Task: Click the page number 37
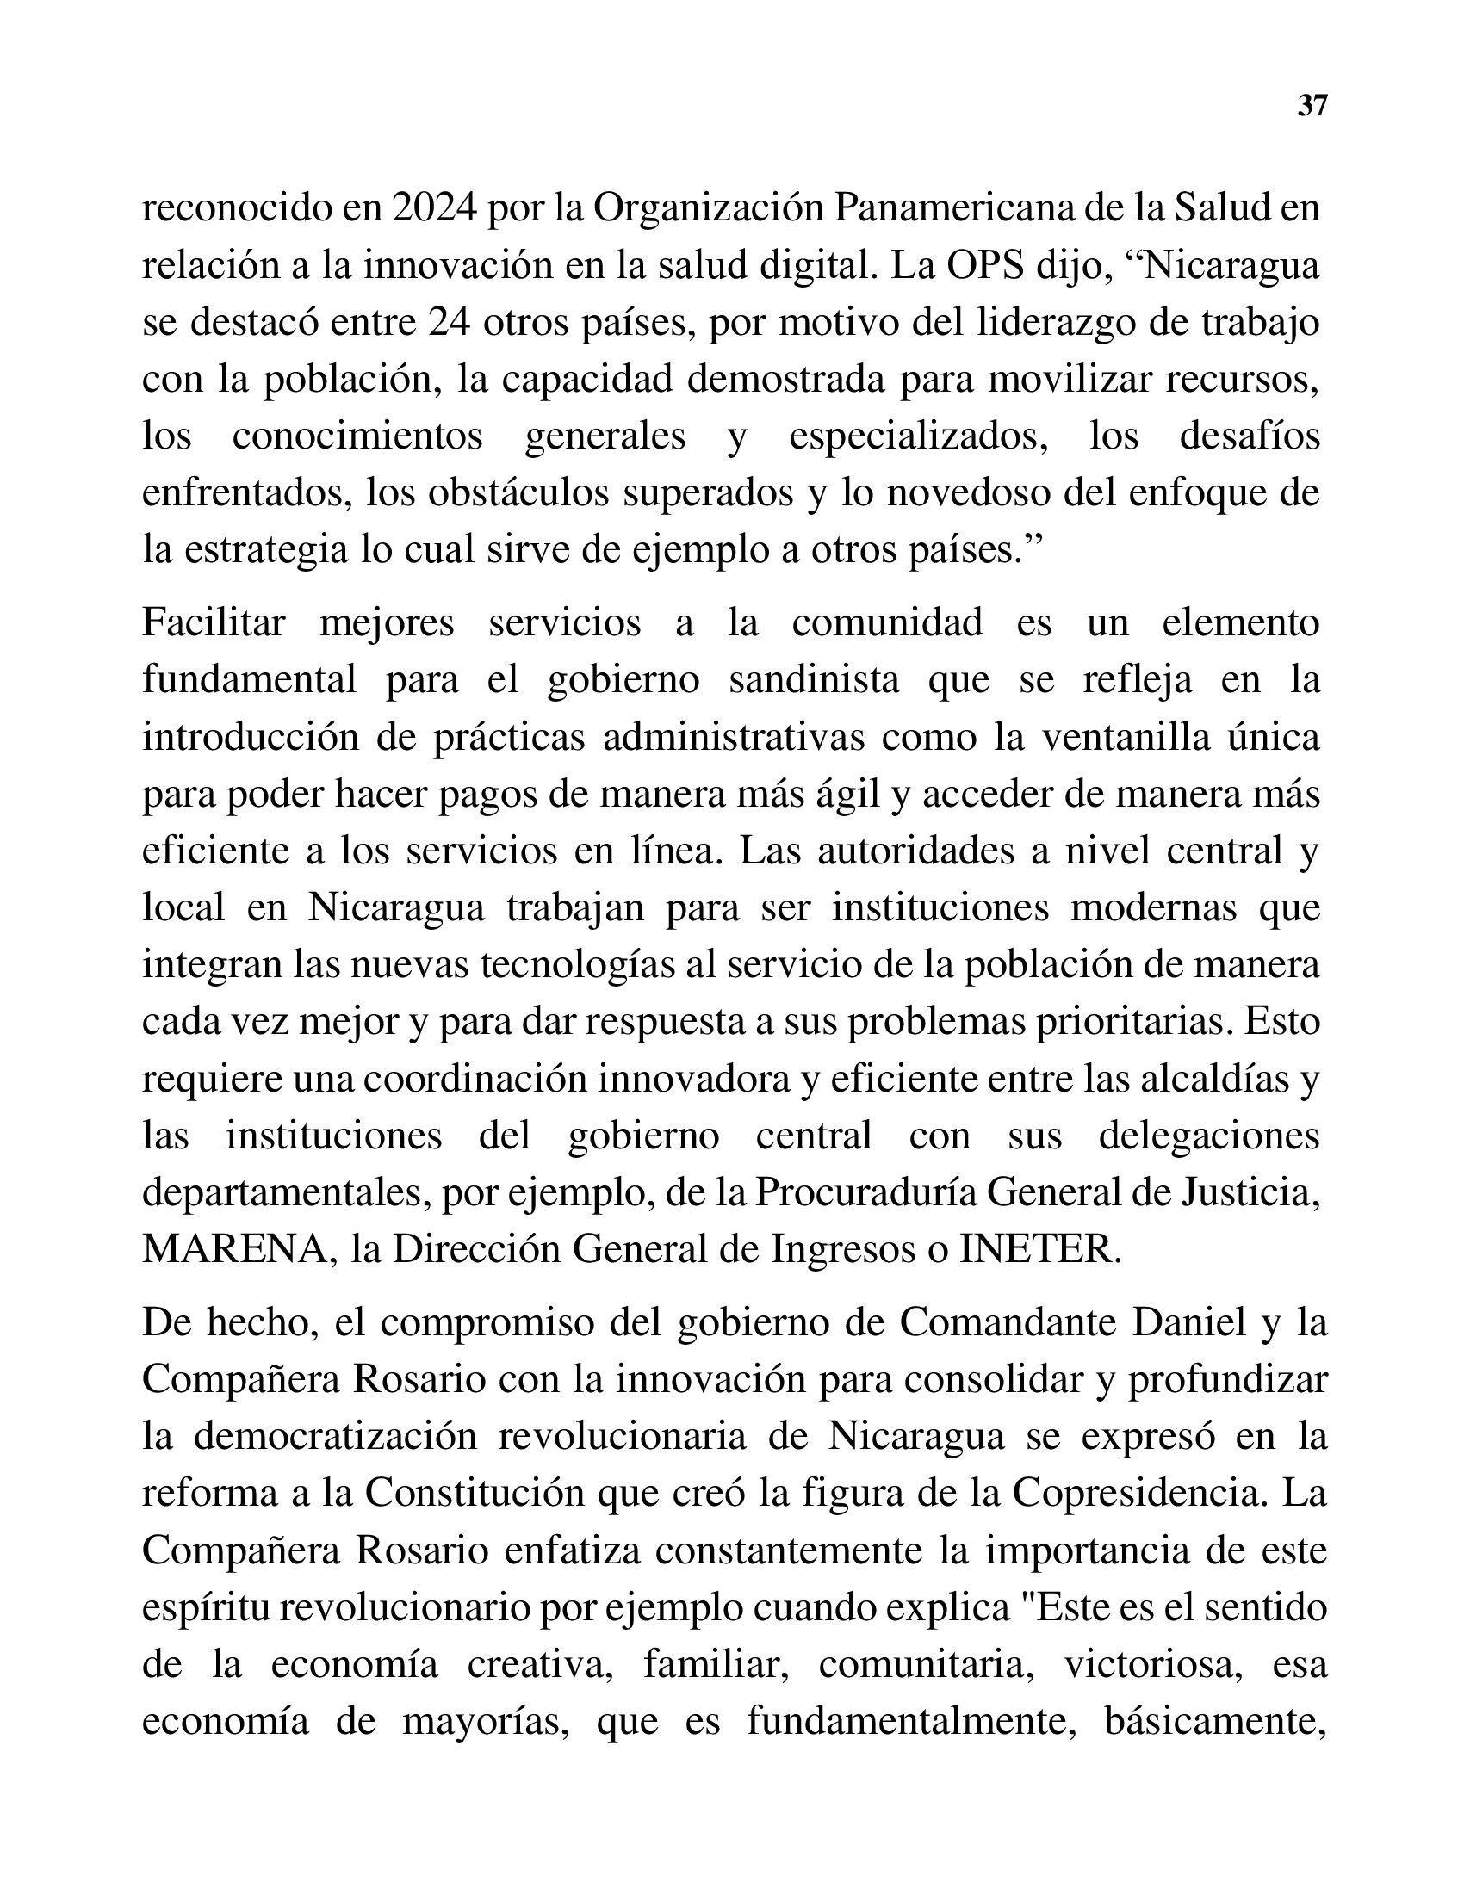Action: point(1312,106)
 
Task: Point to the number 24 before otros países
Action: point(449,324)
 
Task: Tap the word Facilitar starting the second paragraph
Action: point(214,622)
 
